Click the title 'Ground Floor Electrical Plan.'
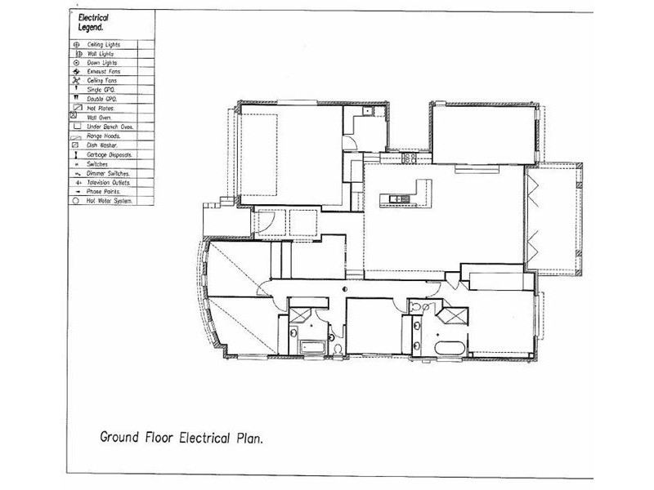pyautogui.click(x=181, y=437)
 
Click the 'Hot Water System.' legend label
pyautogui.click(x=110, y=200)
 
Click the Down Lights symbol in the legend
pyautogui.click(x=76, y=62)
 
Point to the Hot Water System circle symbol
pyautogui.click(x=76, y=200)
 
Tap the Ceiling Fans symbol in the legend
pyautogui.click(x=76, y=81)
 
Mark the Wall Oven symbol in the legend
pyautogui.click(x=76, y=118)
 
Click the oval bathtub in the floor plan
pyautogui.click(x=449, y=350)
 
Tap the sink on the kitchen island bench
pyautogui.click(x=400, y=198)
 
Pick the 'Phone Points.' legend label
pyautogui.click(x=104, y=191)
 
